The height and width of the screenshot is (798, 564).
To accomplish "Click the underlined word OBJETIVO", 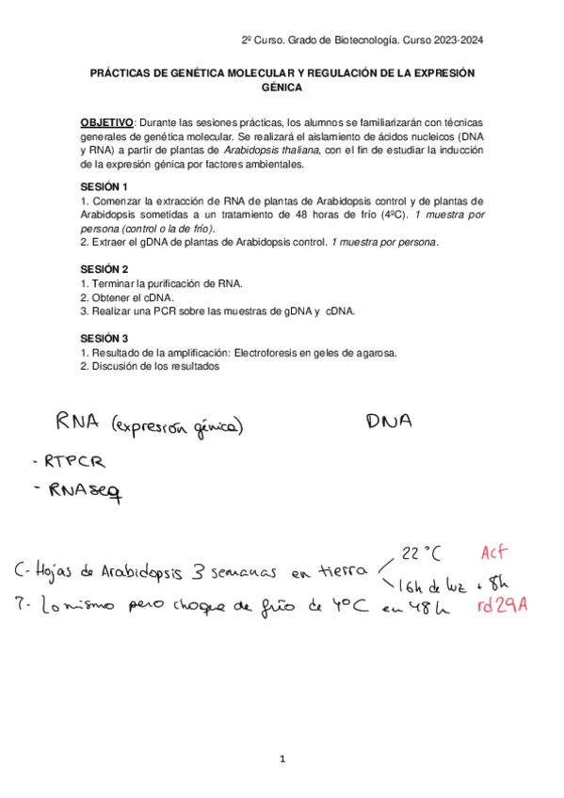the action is point(107,123).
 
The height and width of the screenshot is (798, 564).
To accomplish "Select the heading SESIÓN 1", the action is point(104,186).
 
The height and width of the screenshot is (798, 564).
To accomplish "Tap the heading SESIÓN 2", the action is point(104,268).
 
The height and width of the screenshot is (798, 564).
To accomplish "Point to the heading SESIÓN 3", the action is point(104,338).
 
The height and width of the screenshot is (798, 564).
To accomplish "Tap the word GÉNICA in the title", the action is point(282,87).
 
